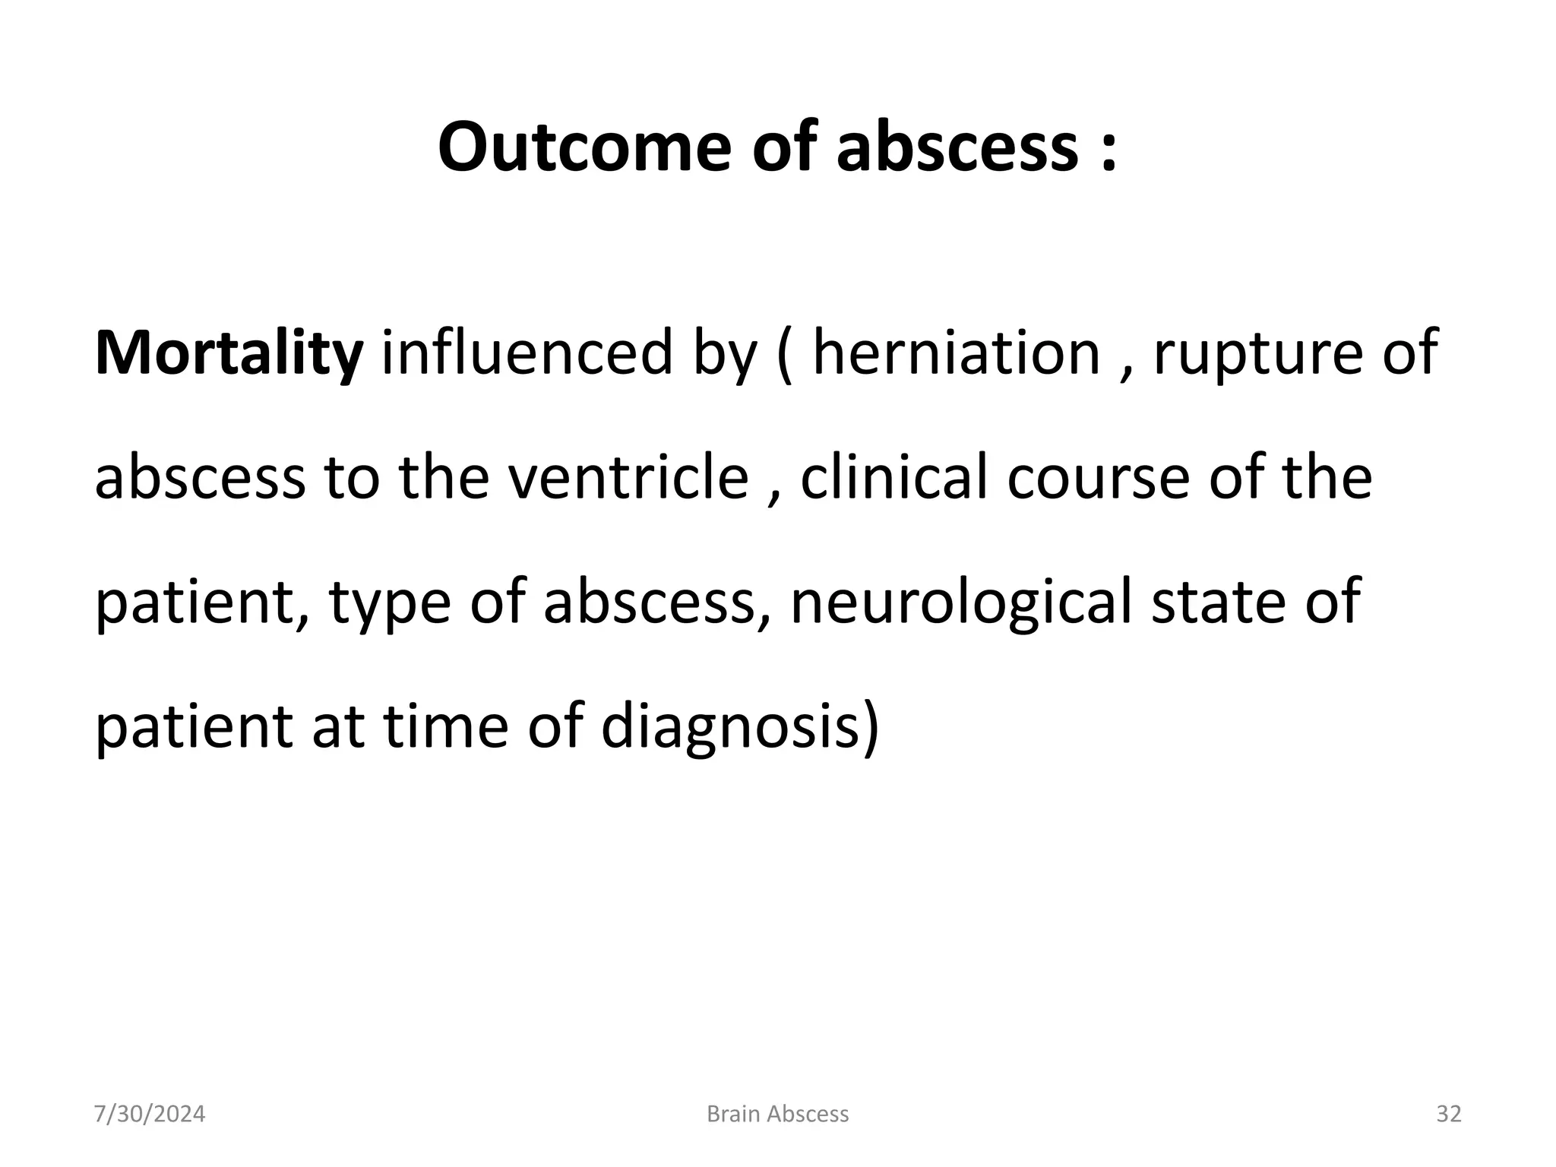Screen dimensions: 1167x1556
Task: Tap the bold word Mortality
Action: click(229, 353)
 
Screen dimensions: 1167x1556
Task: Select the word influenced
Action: click(527, 353)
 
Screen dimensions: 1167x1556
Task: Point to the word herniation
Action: click(957, 353)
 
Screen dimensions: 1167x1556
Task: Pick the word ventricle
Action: click(628, 477)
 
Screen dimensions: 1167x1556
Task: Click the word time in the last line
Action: click(444, 726)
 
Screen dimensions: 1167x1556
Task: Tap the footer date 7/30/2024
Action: click(150, 1114)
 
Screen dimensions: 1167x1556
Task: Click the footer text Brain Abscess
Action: click(777, 1114)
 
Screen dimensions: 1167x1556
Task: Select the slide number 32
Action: click(1449, 1114)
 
